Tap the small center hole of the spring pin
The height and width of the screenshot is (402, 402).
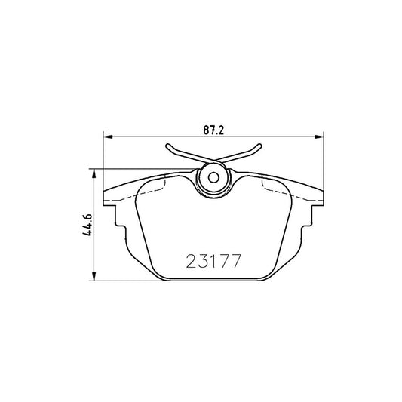tap(212, 179)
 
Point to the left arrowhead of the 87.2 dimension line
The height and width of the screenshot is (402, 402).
tap(106, 137)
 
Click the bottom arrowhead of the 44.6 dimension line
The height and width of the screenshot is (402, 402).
tap(94, 278)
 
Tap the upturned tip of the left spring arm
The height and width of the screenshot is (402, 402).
tap(167, 147)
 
